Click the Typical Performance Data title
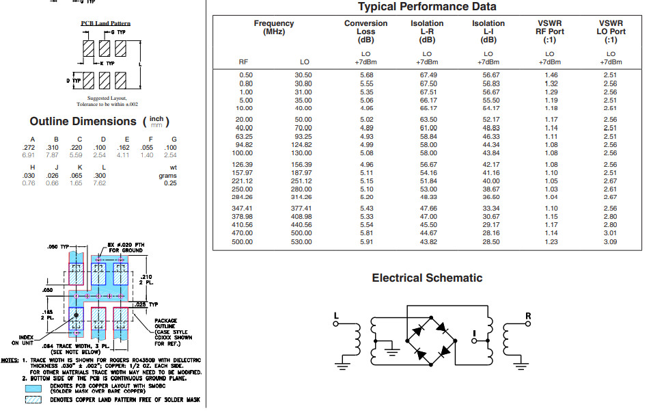click(x=427, y=7)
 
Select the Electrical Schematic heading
click(x=427, y=278)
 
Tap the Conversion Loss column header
click(x=365, y=31)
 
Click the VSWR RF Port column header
click(x=550, y=31)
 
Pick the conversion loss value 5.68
click(x=367, y=75)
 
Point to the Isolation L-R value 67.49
click(x=428, y=75)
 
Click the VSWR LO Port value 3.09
click(x=610, y=242)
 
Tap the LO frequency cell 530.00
click(x=301, y=242)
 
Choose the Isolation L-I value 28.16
click(x=491, y=233)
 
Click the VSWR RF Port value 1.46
click(x=551, y=75)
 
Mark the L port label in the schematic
click(x=336, y=316)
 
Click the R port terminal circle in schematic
click(x=527, y=323)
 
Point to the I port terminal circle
click(x=473, y=341)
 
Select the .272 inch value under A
click(x=28, y=148)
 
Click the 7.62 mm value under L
click(x=99, y=183)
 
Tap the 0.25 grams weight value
click(x=170, y=183)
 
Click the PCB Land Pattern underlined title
click(x=105, y=23)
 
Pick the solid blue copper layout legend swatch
click(x=33, y=388)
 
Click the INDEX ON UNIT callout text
click(x=23, y=341)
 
